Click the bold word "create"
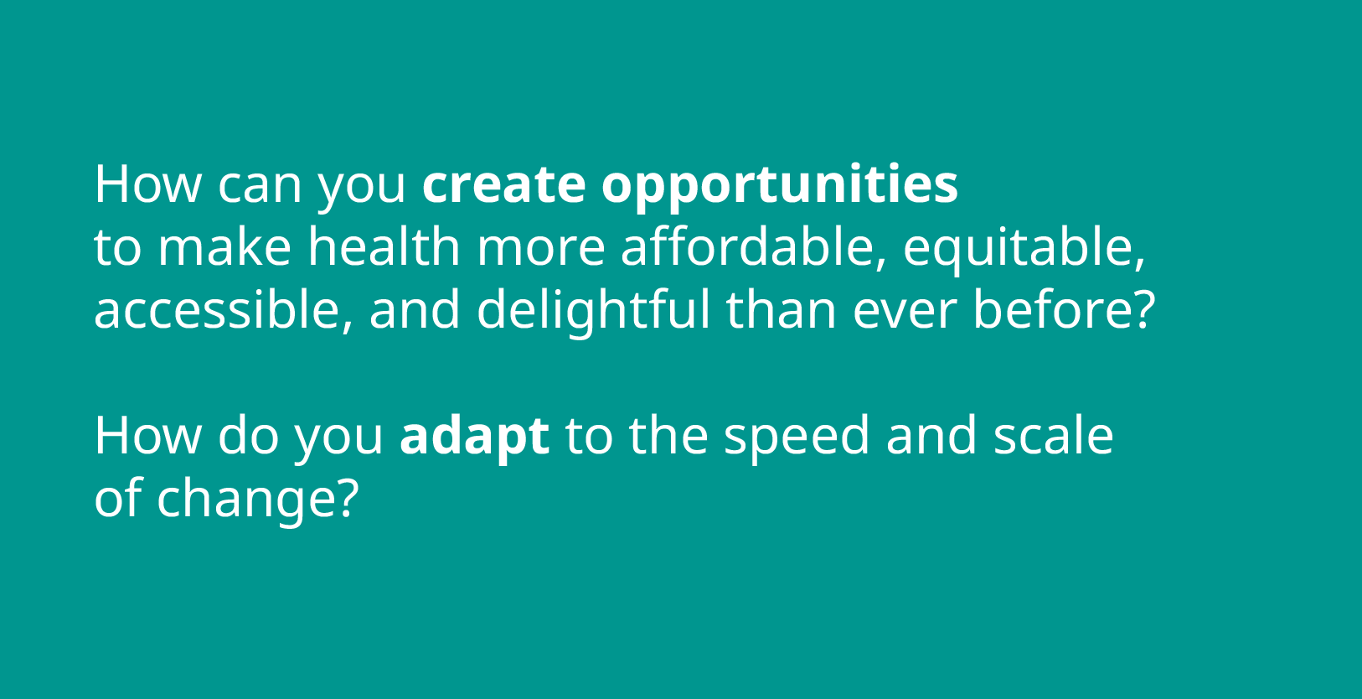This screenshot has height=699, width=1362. tap(504, 184)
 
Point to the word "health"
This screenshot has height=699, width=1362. tap(384, 246)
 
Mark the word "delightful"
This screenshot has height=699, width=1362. tap(593, 312)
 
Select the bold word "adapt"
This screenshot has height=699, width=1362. tap(474, 437)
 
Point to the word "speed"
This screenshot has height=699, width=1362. tap(797, 437)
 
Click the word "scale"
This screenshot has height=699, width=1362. tap(1054, 434)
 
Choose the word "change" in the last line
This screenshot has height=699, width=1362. tap(247, 501)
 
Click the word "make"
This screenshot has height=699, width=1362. tap(224, 246)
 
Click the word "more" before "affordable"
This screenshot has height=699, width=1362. tap(541, 249)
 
